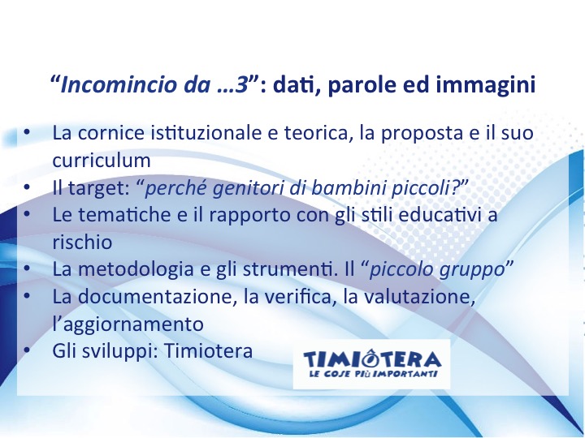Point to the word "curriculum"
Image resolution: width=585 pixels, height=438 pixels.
tap(102, 160)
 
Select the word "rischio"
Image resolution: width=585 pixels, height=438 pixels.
tap(82, 242)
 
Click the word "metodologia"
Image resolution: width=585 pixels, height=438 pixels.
tap(136, 269)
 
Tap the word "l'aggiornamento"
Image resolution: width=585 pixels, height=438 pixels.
tap(128, 324)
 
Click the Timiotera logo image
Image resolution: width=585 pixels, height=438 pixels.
tap(371, 364)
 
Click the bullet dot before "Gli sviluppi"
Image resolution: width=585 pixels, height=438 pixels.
tap(26, 351)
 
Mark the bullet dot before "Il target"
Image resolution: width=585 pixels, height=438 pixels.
tap(26, 187)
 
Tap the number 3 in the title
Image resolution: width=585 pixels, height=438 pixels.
tap(242, 84)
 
